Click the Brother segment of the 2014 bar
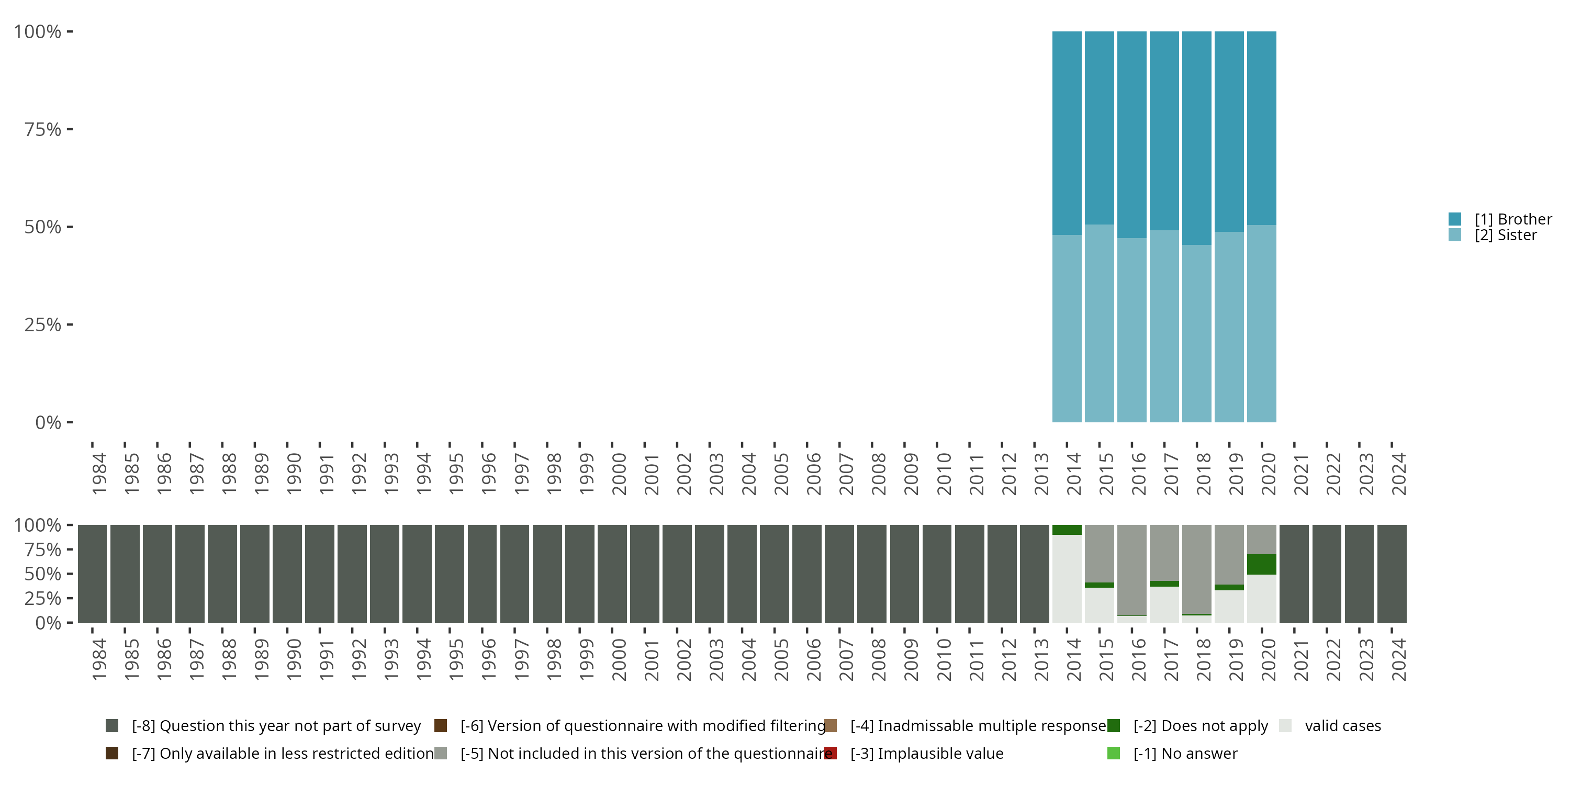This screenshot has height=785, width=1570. point(1067,133)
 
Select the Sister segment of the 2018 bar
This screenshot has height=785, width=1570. point(1196,333)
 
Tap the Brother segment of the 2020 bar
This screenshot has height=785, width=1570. point(1261,128)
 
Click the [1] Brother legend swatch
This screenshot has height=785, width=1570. point(1455,219)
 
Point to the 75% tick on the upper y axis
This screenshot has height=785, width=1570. point(70,129)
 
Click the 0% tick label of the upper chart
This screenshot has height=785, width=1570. point(48,422)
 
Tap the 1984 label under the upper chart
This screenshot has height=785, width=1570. point(99,474)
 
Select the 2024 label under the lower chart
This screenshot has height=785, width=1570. point(1399,659)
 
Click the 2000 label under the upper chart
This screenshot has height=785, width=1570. point(619,474)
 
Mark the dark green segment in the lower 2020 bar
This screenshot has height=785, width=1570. point(1261,564)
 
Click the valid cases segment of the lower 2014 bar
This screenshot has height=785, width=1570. point(1067,578)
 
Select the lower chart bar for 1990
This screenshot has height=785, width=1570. point(287,574)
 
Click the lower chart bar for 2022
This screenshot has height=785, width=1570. point(1326,574)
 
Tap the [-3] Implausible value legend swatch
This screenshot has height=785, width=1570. point(830,753)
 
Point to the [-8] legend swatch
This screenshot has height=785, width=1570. point(111,726)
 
